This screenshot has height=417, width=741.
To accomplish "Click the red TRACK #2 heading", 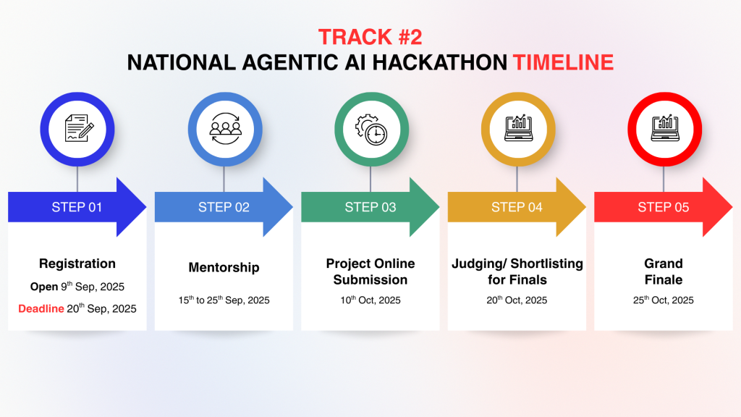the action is (x=370, y=37).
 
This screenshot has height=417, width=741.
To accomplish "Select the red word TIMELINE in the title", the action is (x=563, y=62).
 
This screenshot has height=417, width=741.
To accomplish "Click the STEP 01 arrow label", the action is (x=77, y=207).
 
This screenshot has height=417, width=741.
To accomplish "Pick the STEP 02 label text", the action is (x=224, y=207).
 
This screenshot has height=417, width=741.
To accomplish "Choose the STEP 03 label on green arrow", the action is (x=370, y=207).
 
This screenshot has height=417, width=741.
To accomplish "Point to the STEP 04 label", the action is (x=517, y=207).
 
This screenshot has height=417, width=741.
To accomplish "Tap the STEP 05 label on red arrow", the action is (x=663, y=207).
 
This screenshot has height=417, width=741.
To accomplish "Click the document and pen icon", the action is (x=78, y=128).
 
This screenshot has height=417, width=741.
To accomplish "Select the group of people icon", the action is (x=226, y=129).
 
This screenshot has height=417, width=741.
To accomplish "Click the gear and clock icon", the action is (x=371, y=130).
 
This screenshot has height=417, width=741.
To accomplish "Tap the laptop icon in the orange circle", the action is (x=518, y=127).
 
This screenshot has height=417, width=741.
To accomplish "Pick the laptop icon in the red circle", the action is (x=665, y=127).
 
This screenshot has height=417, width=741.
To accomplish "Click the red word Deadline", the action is (x=41, y=308).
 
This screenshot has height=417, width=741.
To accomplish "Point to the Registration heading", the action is (x=77, y=264).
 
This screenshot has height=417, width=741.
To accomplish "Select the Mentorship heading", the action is (x=224, y=268).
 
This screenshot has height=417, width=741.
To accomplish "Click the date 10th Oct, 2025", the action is (x=370, y=300).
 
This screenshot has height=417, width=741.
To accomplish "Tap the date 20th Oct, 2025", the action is (x=517, y=300).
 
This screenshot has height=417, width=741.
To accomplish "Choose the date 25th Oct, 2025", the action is (x=663, y=300).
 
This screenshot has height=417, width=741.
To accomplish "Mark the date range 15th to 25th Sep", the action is (x=210, y=300).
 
